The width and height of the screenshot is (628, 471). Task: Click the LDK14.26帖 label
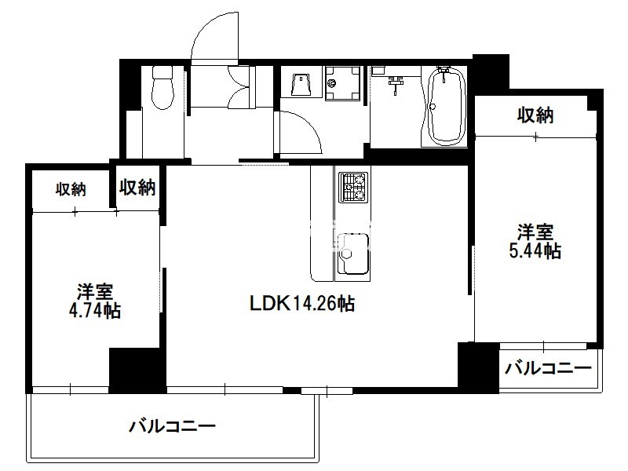[302, 304]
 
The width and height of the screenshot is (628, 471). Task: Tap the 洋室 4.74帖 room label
[95, 301]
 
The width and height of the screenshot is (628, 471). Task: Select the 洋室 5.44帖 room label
[535, 242]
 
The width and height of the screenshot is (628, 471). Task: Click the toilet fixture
[162, 87]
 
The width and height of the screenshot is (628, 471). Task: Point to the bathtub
[447, 106]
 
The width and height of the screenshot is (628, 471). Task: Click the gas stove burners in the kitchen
[354, 187]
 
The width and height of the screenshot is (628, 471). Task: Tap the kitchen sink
[352, 254]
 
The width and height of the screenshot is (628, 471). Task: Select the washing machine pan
[343, 83]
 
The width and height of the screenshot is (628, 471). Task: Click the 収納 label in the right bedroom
[535, 115]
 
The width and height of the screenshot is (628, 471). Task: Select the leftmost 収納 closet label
[71, 189]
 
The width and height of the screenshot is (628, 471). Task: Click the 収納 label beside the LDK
[137, 187]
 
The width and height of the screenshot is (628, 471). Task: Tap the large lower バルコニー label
[172, 425]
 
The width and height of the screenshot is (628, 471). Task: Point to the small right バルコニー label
[548, 368]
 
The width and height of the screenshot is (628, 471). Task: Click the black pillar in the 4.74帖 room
[137, 370]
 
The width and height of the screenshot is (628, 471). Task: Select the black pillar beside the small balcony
[478, 366]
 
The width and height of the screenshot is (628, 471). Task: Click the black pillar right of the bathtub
[491, 75]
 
